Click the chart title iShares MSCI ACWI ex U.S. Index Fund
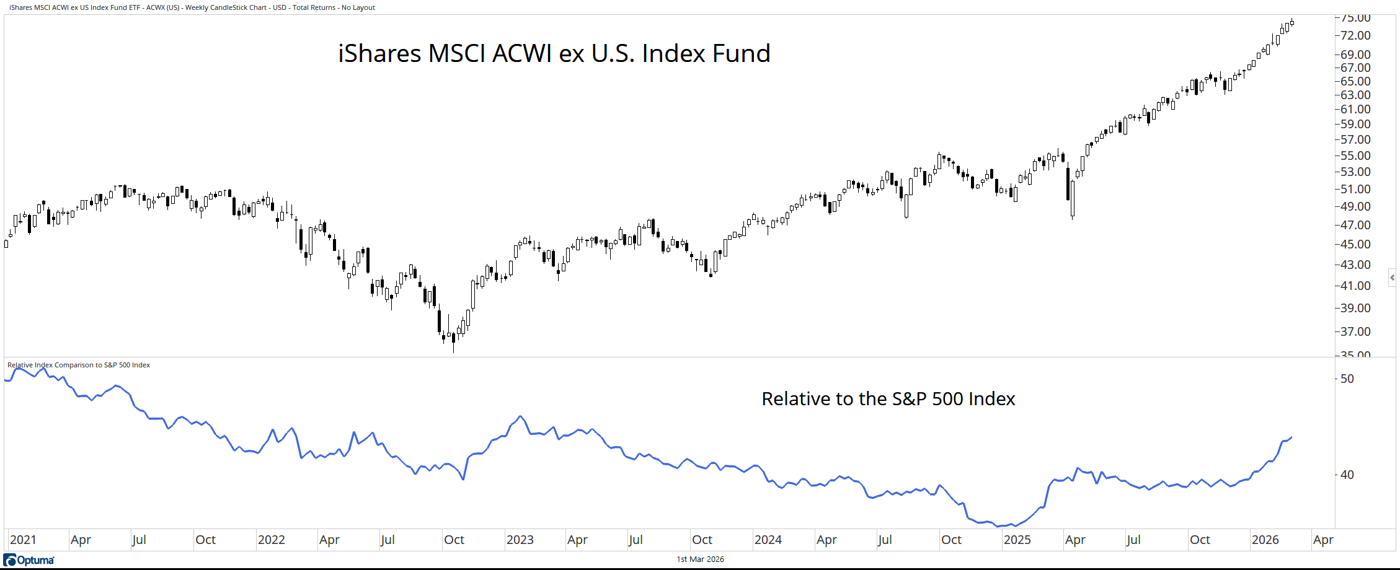point(554,53)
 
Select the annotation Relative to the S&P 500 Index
point(888,398)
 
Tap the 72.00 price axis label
point(1355,35)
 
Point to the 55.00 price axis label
point(1355,156)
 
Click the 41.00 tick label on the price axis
point(1355,286)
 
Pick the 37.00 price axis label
point(1355,331)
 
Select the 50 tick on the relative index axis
point(1347,379)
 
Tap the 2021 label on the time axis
point(23,540)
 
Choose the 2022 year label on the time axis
point(271,540)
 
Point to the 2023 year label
point(520,540)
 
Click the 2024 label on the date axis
point(768,540)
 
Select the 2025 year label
point(1017,540)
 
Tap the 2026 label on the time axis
point(1265,540)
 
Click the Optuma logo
point(29,560)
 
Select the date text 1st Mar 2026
point(700,559)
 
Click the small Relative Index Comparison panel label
point(79,365)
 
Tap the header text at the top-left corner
point(192,7)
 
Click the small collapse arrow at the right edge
point(1392,278)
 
